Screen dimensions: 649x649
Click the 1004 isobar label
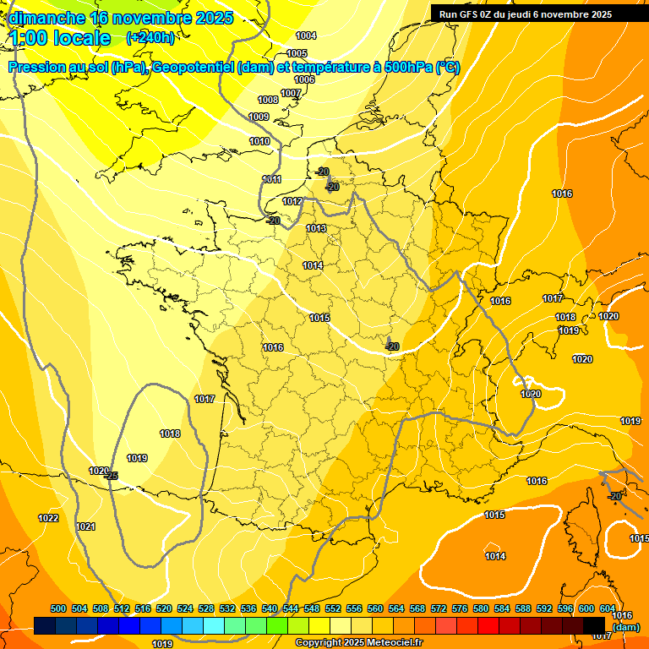click(x=306, y=35)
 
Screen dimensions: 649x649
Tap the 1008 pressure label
click(x=268, y=100)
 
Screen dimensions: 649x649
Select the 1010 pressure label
click(x=259, y=141)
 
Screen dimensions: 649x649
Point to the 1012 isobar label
click(x=292, y=201)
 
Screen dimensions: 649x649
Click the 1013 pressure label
click(x=316, y=228)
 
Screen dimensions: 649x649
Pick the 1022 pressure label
click(x=48, y=518)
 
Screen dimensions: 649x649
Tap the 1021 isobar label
click(x=85, y=526)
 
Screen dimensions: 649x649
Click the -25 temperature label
click(x=110, y=477)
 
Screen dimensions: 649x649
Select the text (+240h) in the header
click(x=150, y=37)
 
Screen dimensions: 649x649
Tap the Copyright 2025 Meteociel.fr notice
click(x=358, y=642)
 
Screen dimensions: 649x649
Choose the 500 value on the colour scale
click(x=58, y=608)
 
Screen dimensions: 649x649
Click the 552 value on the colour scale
click(x=333, y=608)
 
